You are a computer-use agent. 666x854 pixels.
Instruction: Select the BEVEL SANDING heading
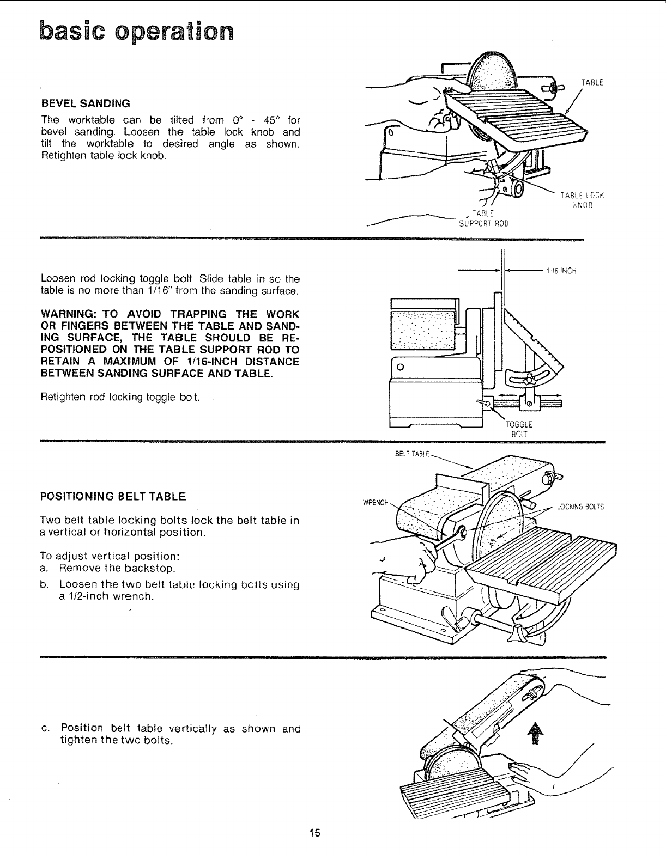point(86,103)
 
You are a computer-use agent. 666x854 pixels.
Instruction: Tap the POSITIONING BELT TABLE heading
point(113,496)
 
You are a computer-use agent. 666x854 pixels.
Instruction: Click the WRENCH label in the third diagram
point(376,502)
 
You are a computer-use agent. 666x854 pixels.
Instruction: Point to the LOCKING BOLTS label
point(580,507)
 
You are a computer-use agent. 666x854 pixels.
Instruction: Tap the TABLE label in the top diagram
point(592,83)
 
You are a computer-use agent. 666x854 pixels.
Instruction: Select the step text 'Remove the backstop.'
point(117,569)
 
